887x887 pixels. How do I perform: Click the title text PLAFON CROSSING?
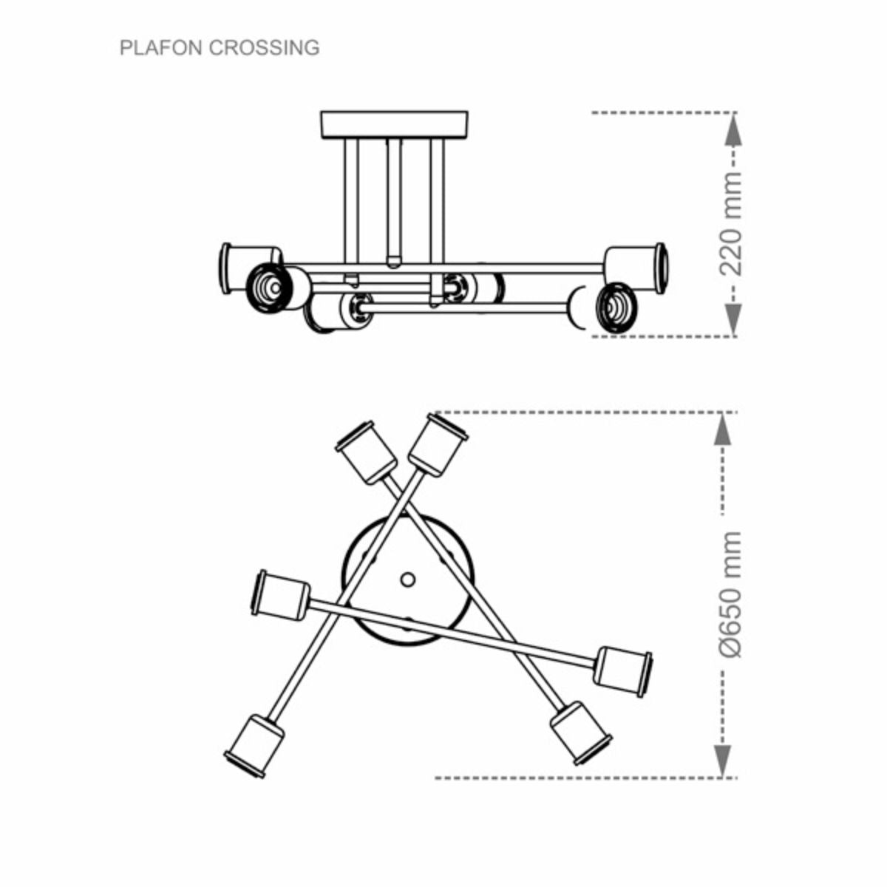point(220,48)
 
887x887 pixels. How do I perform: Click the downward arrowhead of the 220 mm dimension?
point(731,319)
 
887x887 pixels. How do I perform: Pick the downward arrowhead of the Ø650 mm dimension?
point(724,761)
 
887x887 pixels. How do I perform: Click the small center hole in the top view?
point(407,580)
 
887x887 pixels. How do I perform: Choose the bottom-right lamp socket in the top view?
point(580,731)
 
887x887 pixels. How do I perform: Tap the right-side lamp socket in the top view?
point(623,670)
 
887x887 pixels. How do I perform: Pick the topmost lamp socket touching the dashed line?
point(438,443)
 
